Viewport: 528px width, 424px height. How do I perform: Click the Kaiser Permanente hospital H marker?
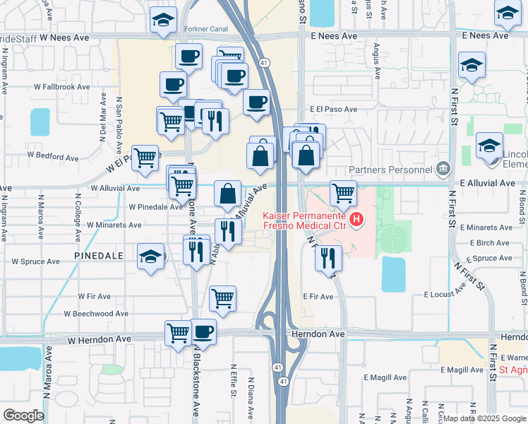tap(356, 220)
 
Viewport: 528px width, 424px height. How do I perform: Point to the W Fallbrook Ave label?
tap(61, 86)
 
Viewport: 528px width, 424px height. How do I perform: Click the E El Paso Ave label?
tap(334, 110)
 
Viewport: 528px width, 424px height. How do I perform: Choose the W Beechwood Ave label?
tap(96, 313)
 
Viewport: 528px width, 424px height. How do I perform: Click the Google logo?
tap(23, 415)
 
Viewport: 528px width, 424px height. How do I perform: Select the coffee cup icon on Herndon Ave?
tap(204, 331)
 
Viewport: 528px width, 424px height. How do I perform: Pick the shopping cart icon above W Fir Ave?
tap(222, 298)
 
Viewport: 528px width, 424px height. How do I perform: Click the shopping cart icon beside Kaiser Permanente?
tap(343, 192)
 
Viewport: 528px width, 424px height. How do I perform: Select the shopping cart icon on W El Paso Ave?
tap(145, 158)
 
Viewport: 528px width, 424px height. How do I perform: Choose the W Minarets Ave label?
tap(114, 225)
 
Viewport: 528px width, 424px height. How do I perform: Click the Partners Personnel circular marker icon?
tap(443, 168)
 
